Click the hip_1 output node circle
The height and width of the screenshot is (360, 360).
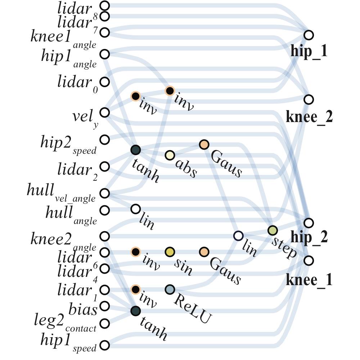309,35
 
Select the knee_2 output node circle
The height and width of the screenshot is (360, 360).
309,99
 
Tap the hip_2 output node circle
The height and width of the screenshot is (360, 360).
309,222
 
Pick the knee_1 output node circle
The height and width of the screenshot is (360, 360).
309,260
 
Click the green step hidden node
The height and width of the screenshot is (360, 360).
273,230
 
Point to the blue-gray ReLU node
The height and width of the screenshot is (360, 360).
170,289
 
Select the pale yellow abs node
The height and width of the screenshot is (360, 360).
170,156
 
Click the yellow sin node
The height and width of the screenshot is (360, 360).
170,252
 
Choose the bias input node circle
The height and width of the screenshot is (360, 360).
104,306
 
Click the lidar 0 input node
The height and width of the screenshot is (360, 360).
104,82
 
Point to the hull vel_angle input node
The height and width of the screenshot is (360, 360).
104,193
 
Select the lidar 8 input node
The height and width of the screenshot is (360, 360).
104,6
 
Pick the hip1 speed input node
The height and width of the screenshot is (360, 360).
104,346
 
